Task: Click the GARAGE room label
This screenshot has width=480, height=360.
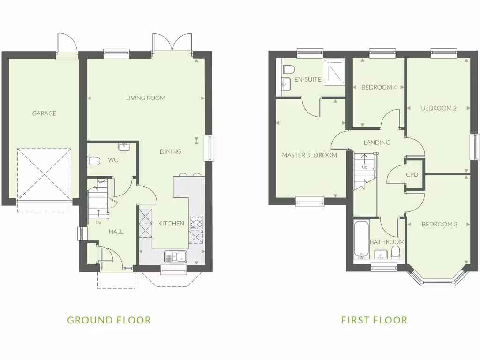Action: (x=44, y=113)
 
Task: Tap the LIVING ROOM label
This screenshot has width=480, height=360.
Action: (x=145, y=98)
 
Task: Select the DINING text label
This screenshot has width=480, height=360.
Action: (x=170, y=151)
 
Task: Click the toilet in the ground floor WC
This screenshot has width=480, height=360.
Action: (x=94, y=161)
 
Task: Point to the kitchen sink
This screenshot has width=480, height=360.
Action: (x=175, y=256)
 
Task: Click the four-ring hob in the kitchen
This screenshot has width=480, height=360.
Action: (x=196, y=221)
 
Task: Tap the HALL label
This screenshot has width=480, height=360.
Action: (x=116, y=232)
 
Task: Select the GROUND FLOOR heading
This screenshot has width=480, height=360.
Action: (x=109, y=320)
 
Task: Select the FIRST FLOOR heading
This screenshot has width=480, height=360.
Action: (x=374, y=320)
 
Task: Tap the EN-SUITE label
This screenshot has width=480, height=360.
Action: (x=308, y=80)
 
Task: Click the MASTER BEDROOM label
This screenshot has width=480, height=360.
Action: (x=309, y=155)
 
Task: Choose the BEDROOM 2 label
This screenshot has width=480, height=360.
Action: (x=439, y=108)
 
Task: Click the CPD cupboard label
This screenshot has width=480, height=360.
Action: (x=412, y=174)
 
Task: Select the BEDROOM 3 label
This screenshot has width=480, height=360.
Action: (x=439, y=224)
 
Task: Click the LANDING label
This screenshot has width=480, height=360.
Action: (x=377, y=142)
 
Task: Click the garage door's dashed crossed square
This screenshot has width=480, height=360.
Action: (x=45, y=173)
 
